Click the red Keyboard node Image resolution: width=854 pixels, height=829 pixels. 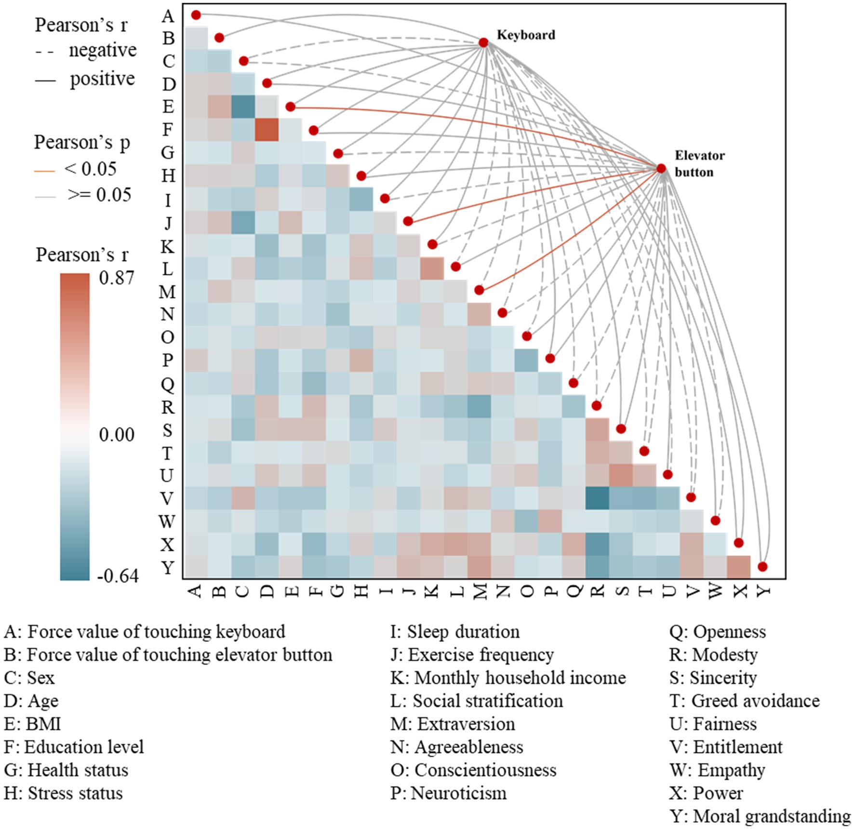tap(483, 43)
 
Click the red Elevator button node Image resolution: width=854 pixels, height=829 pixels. tap(661, 168)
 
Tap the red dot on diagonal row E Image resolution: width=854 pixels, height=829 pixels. tap(290, 107)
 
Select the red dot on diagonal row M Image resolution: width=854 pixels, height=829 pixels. tap(479, 290)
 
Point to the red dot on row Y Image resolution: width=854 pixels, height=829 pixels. tap(762, 566)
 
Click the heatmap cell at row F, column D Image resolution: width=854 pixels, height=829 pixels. tap(267, 130)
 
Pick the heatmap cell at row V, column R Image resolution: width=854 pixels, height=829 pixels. tap(597, 498)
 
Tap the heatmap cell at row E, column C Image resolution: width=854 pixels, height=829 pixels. tap(243, 107)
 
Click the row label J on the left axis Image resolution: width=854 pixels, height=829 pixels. tap(168, 223)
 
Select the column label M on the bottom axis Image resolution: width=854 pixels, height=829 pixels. tap(480, 591)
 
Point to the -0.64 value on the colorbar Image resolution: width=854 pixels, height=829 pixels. tap(118, 575)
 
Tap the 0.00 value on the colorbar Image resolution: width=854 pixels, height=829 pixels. tap(116, 435)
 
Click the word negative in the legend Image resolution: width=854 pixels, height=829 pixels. tap(103, 50)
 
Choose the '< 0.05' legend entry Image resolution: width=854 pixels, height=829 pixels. tap(90, 169)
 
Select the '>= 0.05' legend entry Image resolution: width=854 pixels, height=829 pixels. tap(99, 195)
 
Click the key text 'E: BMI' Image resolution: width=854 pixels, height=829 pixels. tap(32, 724)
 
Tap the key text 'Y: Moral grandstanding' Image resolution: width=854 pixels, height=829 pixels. tap(760, 816)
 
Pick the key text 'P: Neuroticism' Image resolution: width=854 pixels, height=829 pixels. tap(449, 793)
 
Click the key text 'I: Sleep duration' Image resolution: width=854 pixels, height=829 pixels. tap(455, 631)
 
